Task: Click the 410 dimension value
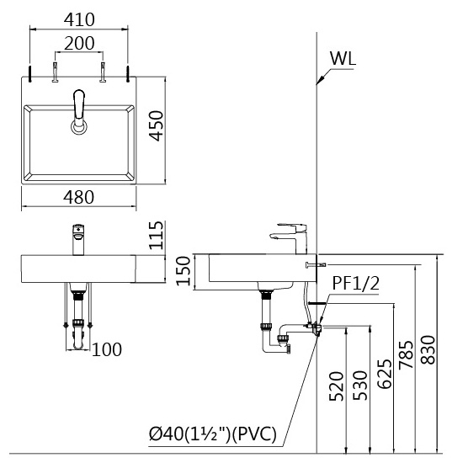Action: (79, 20)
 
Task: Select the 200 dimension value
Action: (79, 43)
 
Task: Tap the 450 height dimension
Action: (156, 125)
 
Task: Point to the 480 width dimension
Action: (79, 197)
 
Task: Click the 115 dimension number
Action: (156, 235)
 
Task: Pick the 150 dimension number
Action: (183, 271)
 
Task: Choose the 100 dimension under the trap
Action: (107, 349)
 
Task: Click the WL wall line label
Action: (343, 58)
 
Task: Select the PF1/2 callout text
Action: (356, 283)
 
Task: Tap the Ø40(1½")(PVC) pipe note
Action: (213, 434)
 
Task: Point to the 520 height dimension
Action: (337, 386)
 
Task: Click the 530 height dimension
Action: (360, 386)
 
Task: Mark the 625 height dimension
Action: (385, 374)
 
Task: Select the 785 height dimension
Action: (406, 355)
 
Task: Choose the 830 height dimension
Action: (428, 349)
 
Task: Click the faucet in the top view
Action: (79, 112)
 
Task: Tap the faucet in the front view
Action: (78, 239)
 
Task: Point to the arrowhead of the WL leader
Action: (318, 82)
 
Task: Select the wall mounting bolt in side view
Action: (316, 264)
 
